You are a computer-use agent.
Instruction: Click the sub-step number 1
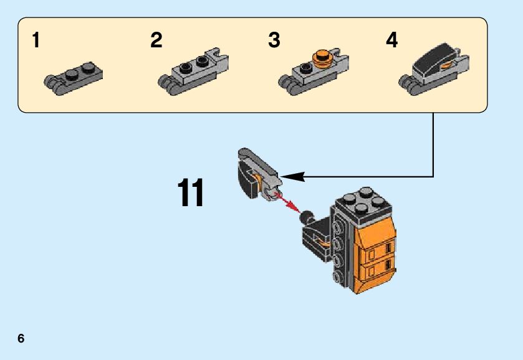tap(36, 40)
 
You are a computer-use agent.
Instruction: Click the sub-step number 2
tap(156, 40)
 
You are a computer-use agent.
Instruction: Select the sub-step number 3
tap(274, 40)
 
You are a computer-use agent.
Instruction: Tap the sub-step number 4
tap(391, 40)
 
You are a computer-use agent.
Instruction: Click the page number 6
tap(21, 338)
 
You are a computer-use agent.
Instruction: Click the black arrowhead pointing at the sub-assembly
tap(293, 177)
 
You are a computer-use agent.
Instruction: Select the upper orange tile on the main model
tap(375, 249)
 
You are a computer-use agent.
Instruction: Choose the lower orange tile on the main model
tap(375, 272)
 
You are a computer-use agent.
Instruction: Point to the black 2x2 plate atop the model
tap(363, 201)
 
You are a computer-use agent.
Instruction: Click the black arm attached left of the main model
tap(318, 237)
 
